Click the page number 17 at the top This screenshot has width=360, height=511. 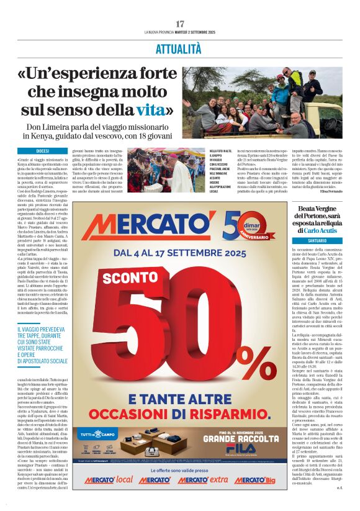(x=180, y=24)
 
